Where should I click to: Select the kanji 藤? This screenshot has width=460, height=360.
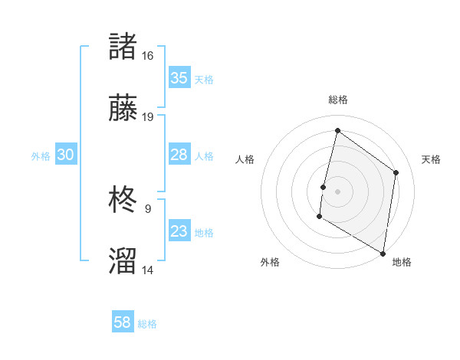tap(123, 107)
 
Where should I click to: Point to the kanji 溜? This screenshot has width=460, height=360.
tap(123, 260)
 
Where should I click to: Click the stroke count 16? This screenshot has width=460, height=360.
tap(147, 55)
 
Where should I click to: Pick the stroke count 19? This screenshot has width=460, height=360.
tap(147, 117)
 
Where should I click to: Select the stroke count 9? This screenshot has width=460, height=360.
tap(147, 208)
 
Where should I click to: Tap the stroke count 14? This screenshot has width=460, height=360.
tap(147, 270)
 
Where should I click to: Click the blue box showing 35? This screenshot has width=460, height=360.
tap(179, 78)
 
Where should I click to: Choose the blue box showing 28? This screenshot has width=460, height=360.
tap(179, 155)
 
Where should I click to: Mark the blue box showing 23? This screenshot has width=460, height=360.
tap(179, 231)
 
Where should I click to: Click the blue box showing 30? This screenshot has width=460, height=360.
tap(65, 155)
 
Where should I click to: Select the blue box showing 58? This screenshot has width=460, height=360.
tap(122, 322)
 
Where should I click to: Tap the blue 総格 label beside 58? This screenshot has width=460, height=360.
tap(147, 324)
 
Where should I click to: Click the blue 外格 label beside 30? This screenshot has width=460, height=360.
tap(41, 156)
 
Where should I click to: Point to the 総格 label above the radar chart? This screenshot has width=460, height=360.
tap(337, 100)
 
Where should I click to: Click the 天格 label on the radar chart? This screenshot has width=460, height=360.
tap(431, 159)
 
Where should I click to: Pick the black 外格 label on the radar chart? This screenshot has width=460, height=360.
tap(270, 262)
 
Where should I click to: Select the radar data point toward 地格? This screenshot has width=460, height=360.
tap(383, 254)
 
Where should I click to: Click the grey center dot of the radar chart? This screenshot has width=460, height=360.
tap(337, 191)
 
